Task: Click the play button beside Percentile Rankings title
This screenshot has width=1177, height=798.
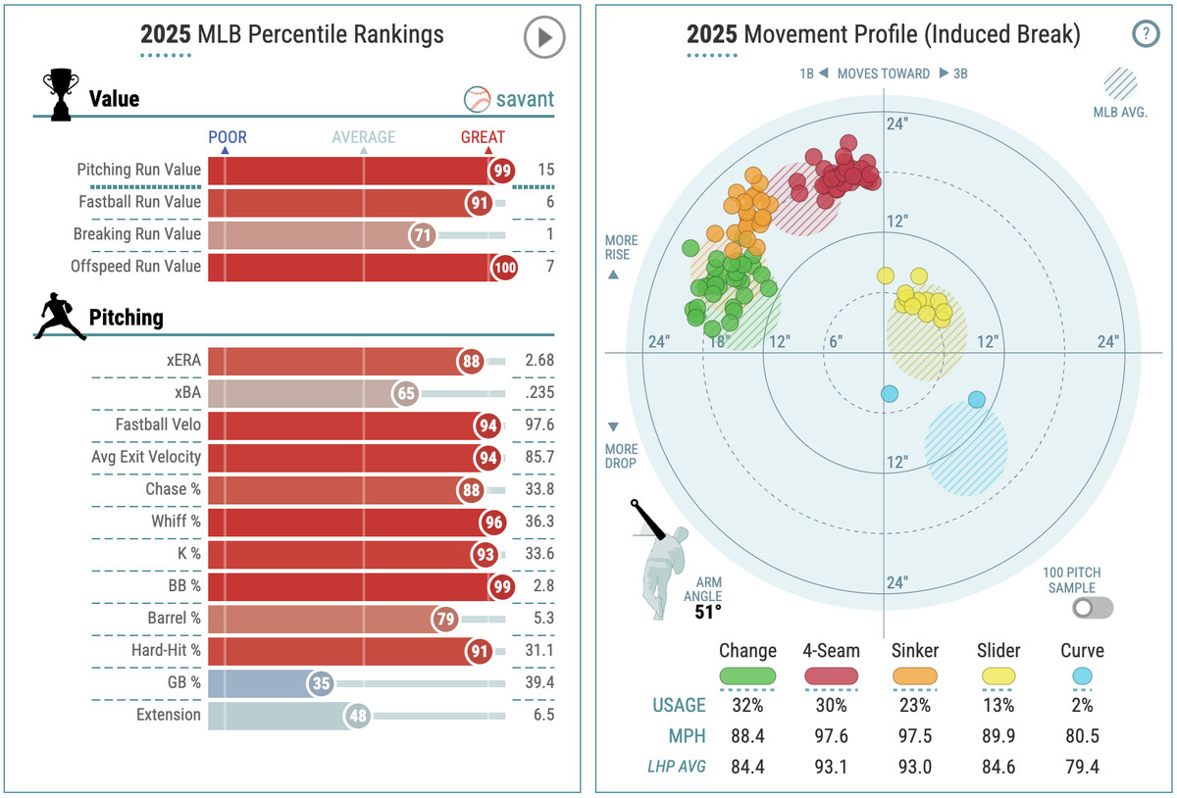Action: (x=543, y=38)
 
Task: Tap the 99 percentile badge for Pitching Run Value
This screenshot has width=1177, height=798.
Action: (x=503, y=170)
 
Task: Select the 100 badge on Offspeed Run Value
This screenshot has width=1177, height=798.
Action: (x=503, y=266)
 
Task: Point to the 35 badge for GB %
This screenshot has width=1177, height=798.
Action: (x=320, y=683)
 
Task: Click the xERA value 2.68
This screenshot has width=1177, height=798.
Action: (x=538, y=360)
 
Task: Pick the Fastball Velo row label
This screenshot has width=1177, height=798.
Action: (x=158, y=424)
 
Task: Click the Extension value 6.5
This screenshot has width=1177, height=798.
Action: (x=542, y=716)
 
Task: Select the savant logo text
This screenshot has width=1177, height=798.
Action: (x=523, y=99)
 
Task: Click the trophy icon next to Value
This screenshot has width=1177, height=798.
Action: (x=60, y=96)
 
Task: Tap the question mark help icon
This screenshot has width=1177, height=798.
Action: (x=1145, y=35)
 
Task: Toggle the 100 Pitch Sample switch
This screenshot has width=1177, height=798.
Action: (x=1093, y=608)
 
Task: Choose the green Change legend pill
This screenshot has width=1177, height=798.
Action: (x=747, y=675)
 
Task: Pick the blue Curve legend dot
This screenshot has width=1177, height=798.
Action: (x=1082, y=675)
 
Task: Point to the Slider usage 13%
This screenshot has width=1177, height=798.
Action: (x=998, y=705)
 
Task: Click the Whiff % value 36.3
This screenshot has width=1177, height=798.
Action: (x=538, y=522)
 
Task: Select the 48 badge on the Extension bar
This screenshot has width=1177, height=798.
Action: (x=359, y=716)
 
